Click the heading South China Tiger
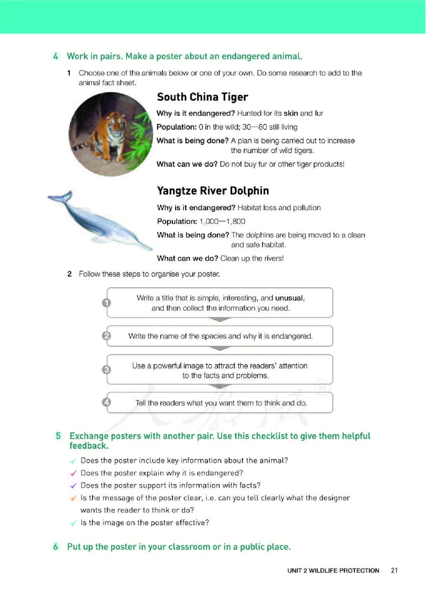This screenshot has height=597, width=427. [x=202, y=97]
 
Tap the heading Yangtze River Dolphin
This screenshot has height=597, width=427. [x=212, y=191]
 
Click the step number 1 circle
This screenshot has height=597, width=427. [x=106, y=303]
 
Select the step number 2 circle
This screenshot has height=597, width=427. [x=106, y=336]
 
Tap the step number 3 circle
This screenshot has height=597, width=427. [x=106, y=369]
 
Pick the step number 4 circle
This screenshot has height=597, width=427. [x=106, y=402]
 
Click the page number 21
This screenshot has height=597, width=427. [x=394, y=570]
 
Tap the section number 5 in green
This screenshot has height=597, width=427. [x=58, y=436]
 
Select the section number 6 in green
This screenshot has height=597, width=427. [x=56, y=547]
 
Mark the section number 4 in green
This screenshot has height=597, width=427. [x=56, y=56]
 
